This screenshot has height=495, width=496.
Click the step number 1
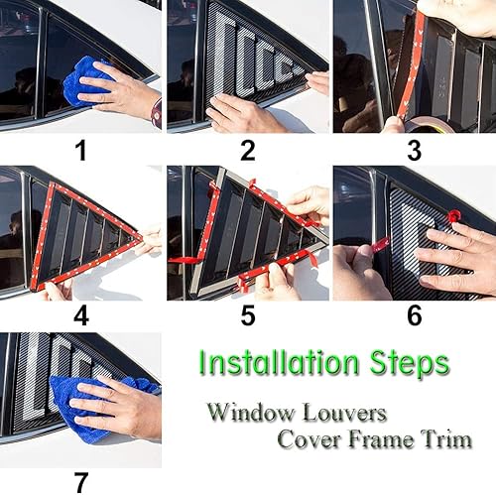click(80, 151)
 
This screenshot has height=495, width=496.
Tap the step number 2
click(247, 151)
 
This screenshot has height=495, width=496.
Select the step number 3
click(414, 151)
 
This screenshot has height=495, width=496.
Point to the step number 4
click(80, 317)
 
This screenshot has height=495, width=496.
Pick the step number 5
click(247, 317)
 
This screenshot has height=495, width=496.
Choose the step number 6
click(414, 316)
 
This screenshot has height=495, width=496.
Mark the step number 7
click(80, 483)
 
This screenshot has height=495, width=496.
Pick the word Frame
click(383, 438)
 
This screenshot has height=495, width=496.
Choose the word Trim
click(447, 438)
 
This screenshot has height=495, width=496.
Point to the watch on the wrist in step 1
click(156, 112)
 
